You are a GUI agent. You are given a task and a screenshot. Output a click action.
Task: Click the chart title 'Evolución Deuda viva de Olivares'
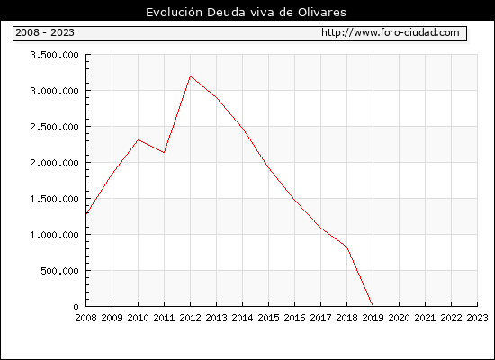point(246,13)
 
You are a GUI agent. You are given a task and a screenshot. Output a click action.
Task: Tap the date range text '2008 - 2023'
point(45,32)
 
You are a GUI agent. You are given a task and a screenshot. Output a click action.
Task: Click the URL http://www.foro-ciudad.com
point(391,32)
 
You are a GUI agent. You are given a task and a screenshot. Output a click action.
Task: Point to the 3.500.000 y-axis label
point(54,55)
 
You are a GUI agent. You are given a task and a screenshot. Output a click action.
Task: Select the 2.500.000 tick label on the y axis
point(54,127)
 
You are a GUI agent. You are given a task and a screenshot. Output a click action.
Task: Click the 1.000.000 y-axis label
point(54,235)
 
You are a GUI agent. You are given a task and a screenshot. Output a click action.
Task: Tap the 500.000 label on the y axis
point(59,271)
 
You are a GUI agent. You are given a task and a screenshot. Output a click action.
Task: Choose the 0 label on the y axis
point(76,307)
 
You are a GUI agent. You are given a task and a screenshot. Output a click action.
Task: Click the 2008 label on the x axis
point(85,318)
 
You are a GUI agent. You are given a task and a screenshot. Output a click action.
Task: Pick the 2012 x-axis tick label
point(191,318)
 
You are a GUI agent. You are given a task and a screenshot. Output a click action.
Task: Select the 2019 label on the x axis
point(373,318)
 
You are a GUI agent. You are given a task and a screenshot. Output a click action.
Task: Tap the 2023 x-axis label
point(477,318)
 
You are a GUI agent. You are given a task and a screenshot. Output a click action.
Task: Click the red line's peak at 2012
point(191,76)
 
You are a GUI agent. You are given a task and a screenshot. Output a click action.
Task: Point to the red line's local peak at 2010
point(139,139)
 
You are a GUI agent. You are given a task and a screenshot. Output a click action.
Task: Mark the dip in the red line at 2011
point(164,152)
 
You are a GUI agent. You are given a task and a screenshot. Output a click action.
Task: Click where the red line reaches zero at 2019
point(373,306)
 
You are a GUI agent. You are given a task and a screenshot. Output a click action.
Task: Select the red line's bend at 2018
point(346,247)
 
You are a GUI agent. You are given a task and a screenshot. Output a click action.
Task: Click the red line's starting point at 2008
point(86,214)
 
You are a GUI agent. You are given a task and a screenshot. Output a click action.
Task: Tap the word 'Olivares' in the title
point(321,13)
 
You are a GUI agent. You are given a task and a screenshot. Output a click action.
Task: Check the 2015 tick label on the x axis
point(269,318)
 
